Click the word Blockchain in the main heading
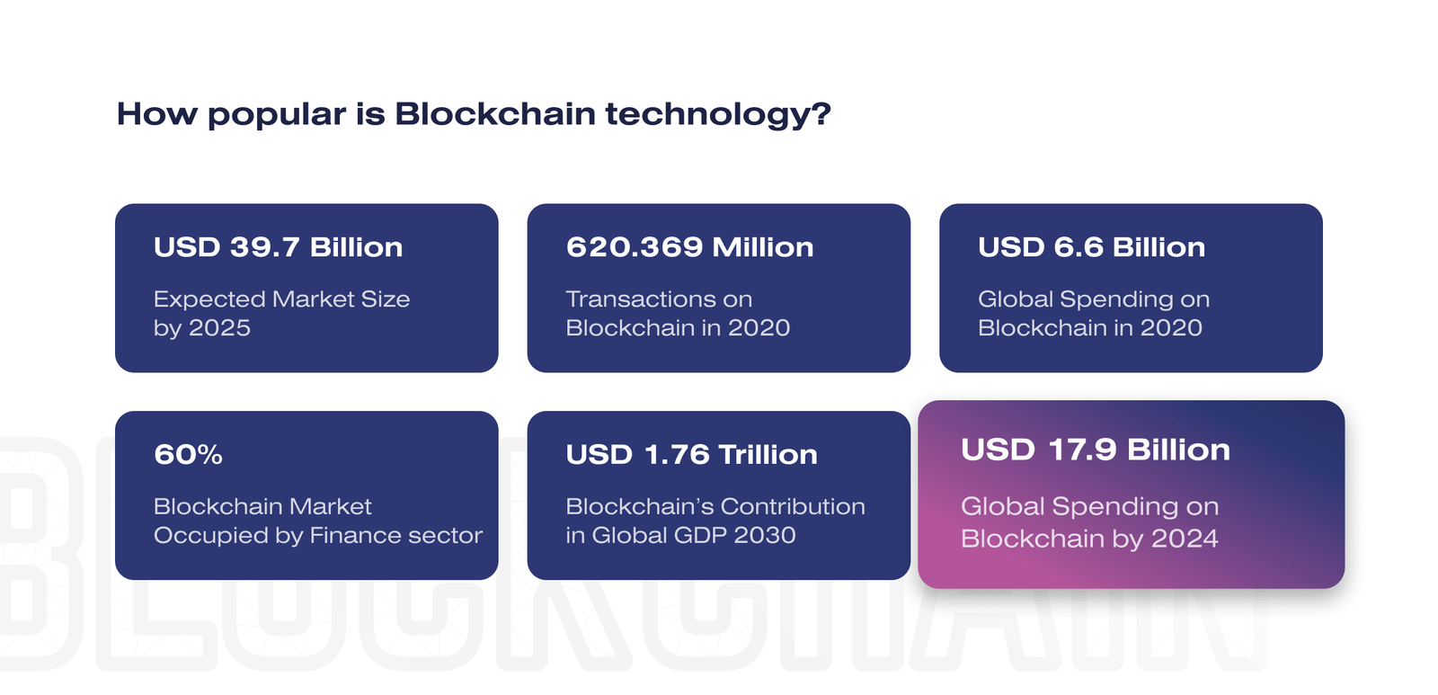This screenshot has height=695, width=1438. point(495,113)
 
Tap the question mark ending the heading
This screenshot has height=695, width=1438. point(821,113)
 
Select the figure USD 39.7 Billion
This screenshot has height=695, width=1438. point(278,247)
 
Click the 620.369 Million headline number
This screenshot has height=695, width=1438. point(689,247)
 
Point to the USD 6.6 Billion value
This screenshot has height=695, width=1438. point(1091,247)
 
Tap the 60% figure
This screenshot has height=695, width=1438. point(188,455)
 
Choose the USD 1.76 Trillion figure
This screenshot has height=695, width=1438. point(691,455)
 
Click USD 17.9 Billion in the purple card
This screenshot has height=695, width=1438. point(1096,450)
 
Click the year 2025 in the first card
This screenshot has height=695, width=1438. point(219,327)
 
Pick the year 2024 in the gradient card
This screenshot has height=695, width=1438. point(1185,539)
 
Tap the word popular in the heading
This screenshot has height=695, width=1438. point(278,115)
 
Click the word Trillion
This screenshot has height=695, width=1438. point(768,455)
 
